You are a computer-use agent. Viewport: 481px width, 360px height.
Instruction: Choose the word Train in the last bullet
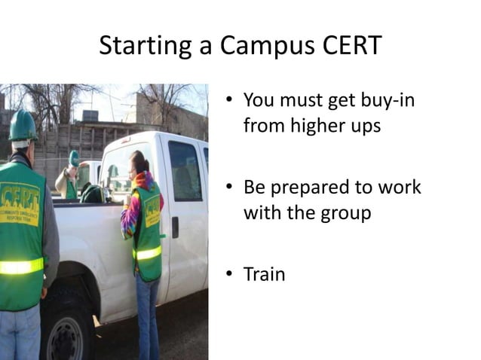264,274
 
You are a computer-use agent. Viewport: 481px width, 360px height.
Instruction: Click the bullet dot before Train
230,275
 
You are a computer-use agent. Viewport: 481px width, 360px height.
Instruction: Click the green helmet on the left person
23,125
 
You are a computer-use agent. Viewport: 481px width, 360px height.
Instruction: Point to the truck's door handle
175,225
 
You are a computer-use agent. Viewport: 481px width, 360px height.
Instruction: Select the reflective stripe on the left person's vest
21,266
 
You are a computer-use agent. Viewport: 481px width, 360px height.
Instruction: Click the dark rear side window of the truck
184,170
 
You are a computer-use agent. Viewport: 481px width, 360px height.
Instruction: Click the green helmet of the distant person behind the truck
74,157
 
